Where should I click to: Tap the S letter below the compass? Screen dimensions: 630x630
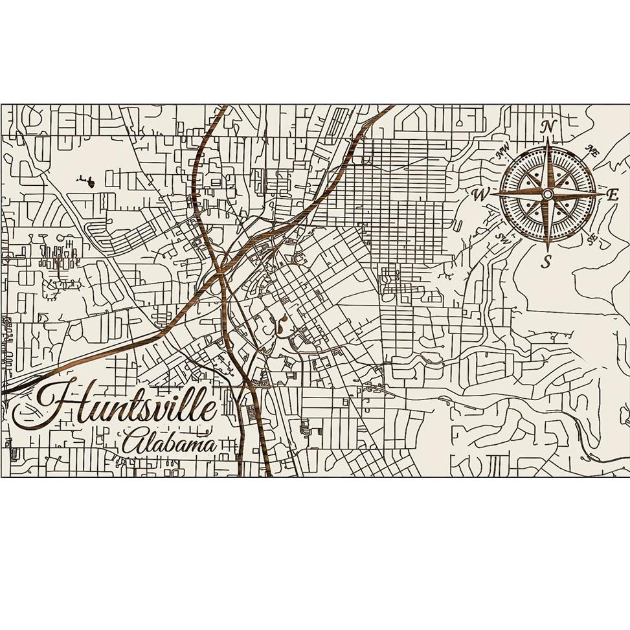pos(547,262)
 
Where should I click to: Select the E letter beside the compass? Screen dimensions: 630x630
pos(612,193)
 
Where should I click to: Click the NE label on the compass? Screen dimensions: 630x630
pos(591,151)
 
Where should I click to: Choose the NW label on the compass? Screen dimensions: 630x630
pos(502,153)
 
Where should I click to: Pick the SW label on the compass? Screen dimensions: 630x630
pos(502,236)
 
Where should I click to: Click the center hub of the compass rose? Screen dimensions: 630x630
pos(548,194)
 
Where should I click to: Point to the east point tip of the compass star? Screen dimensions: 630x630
pos(603,193)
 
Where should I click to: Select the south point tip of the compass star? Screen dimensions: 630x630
pos(548,250)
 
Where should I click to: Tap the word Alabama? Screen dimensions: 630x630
pos(170,444)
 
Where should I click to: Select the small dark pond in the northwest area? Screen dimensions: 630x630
pos(89,183)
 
